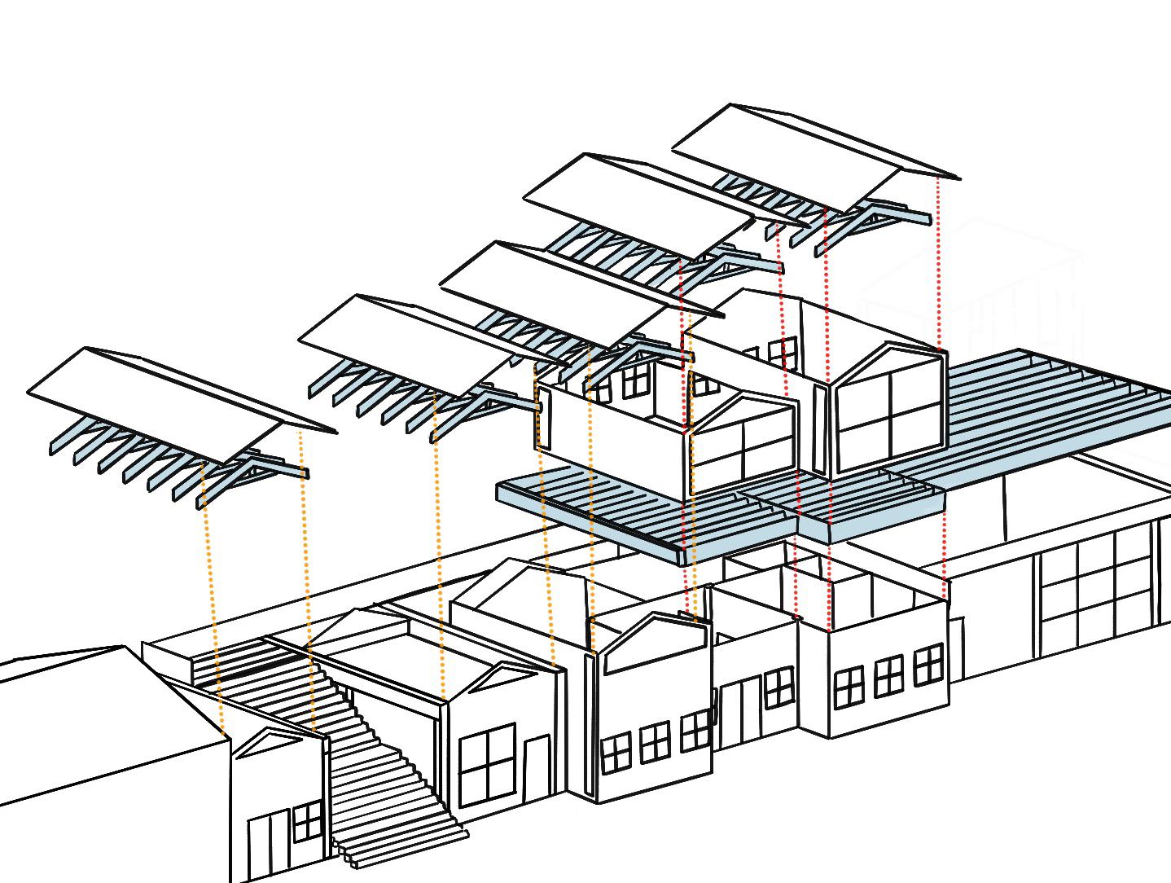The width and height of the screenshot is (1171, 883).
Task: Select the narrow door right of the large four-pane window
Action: tap(537, 766)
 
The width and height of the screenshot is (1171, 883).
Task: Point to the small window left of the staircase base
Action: tap(306, 821)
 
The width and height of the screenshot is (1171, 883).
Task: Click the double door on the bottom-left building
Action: tap(269, 843)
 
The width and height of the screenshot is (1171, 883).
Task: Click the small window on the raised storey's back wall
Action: tap(783, 354)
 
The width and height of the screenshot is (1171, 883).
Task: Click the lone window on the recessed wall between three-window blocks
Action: tap(778, 687)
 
